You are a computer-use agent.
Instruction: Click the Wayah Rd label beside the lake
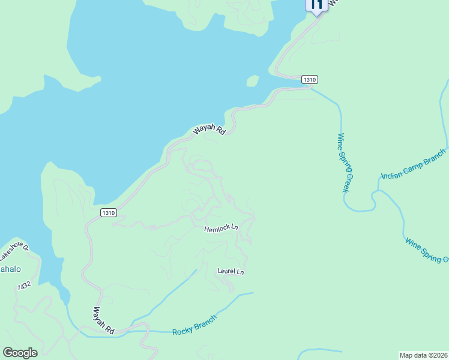tap(209, 130)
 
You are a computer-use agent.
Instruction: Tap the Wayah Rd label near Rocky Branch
tap(103, 321)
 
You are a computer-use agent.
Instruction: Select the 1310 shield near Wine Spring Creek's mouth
tap(309, 79)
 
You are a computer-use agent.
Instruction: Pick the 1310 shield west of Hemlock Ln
tap(108, 212)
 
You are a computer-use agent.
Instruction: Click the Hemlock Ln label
tap(221, 228)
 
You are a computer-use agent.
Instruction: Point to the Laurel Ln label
tap(231, 272)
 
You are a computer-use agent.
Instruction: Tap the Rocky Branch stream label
tap(194, 325)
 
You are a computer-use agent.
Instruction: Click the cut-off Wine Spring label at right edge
tap(427, 250)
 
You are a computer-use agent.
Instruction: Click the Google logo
tap(20, 353)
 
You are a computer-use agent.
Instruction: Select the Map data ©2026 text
tap(423, 355)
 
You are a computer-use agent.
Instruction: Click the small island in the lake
tap(253, 81)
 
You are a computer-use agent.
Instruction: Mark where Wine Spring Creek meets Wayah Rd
tap(310, 88)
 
